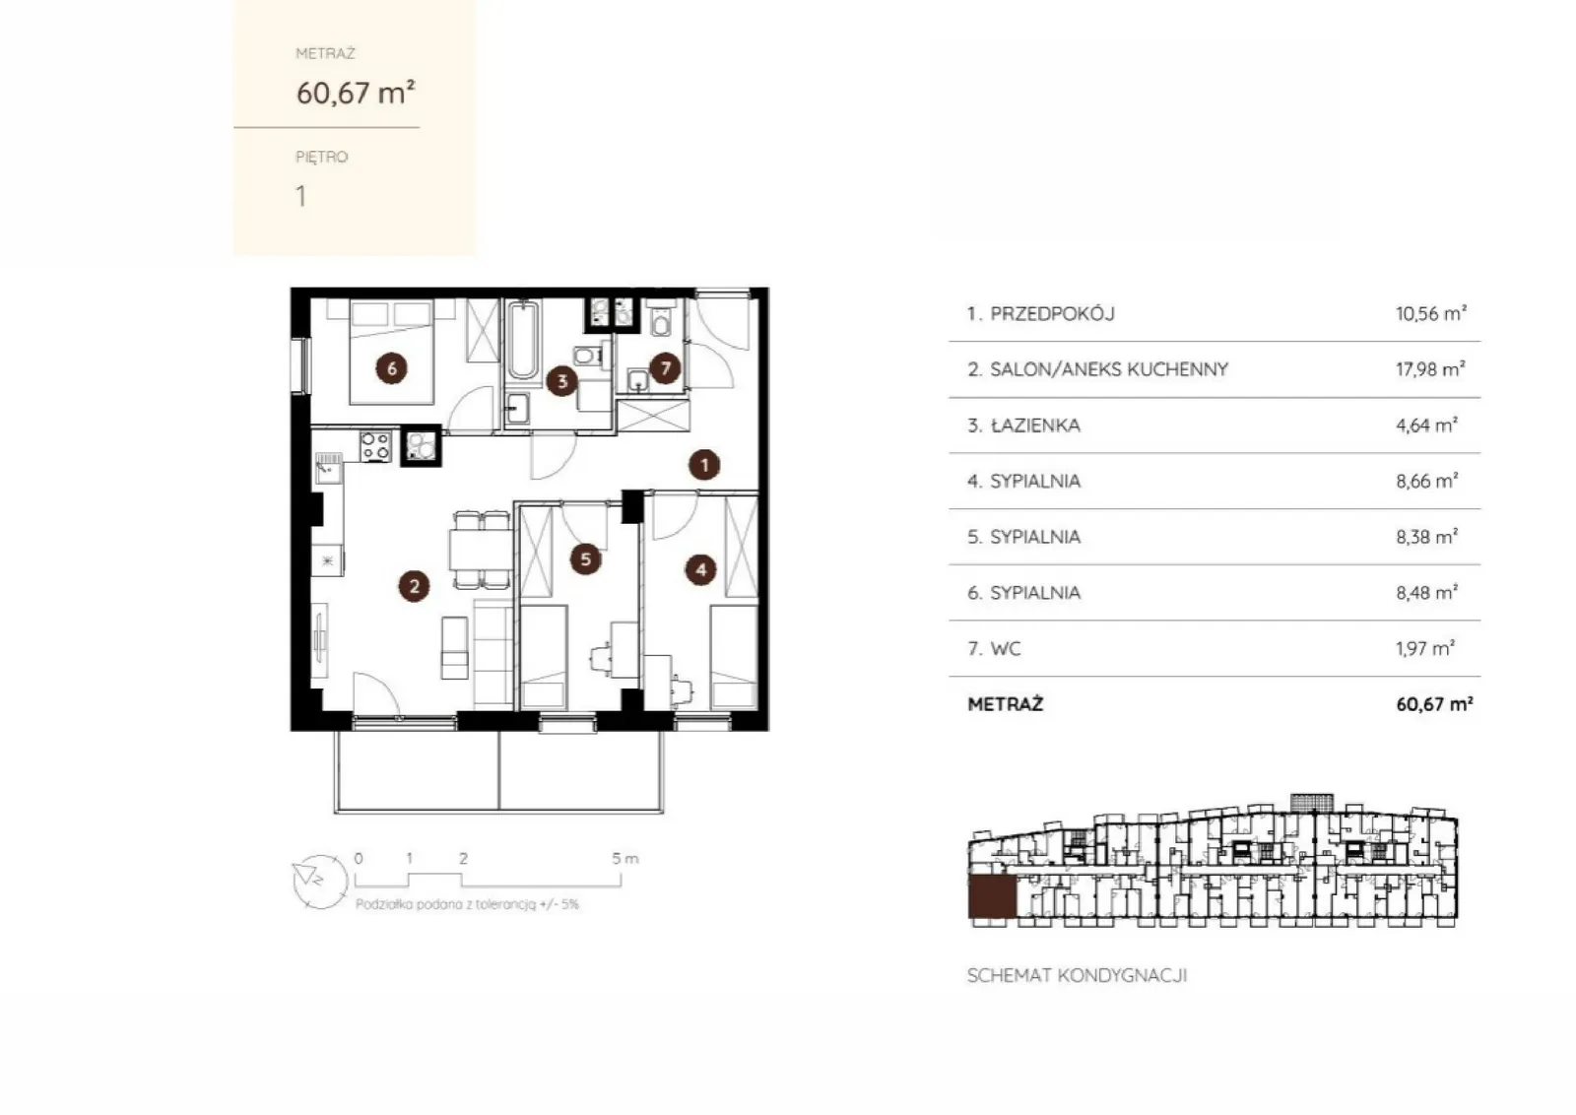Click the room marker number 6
click(x=391, y=368)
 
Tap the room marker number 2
click(x=414, y=586)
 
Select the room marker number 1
click(x=704, y=464)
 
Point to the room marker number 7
click(x=665, y=368)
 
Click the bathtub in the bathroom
click(x=523, y=341)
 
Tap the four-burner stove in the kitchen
click(x=375, y=446)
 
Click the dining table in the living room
click(x=481, y=551)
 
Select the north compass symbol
click(x=320, y=882)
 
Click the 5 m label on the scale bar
click(x=624, y=858)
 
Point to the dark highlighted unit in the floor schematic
click(x=992, y=897)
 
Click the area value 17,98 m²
click(x=1430, y=368)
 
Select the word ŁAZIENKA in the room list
click(x=1035, y=425)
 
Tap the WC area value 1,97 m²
click(x=1425, y=648)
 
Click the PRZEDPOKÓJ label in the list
click(x=1053, y=313)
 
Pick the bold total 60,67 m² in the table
click(x=1434, y=703)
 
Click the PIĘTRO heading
click(x=321, y=157)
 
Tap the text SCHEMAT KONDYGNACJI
click(x=1078, y=975)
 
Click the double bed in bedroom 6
click(x=391, y=352)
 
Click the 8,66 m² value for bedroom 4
click(x=1427, y=481)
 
